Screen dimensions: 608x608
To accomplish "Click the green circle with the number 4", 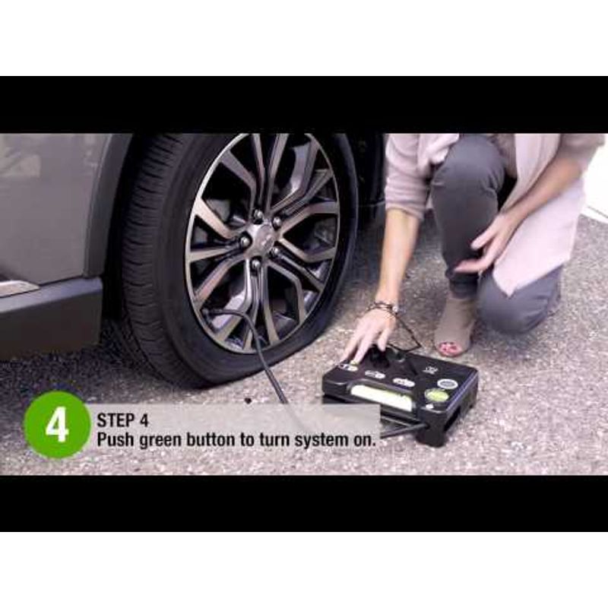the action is pyautogui.click(x=56, y=426).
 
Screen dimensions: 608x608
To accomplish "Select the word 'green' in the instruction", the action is pyautogui.click(x=160, y=441).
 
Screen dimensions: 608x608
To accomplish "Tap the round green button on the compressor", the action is pyautogui.click(x=436, y=396).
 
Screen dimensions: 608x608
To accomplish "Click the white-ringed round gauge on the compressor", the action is pyautogui.click(x=448, y=384).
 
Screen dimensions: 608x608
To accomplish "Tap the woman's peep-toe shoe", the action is pyautogui.click(x=454, y=329).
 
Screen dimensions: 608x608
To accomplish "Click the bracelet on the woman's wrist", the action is pyautogui.click(x=384, y=309).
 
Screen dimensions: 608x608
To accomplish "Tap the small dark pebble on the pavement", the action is pyautogui.click(x=249, y=401).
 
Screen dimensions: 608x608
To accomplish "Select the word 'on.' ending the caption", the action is pyautogui.click(x=366, y=441).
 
